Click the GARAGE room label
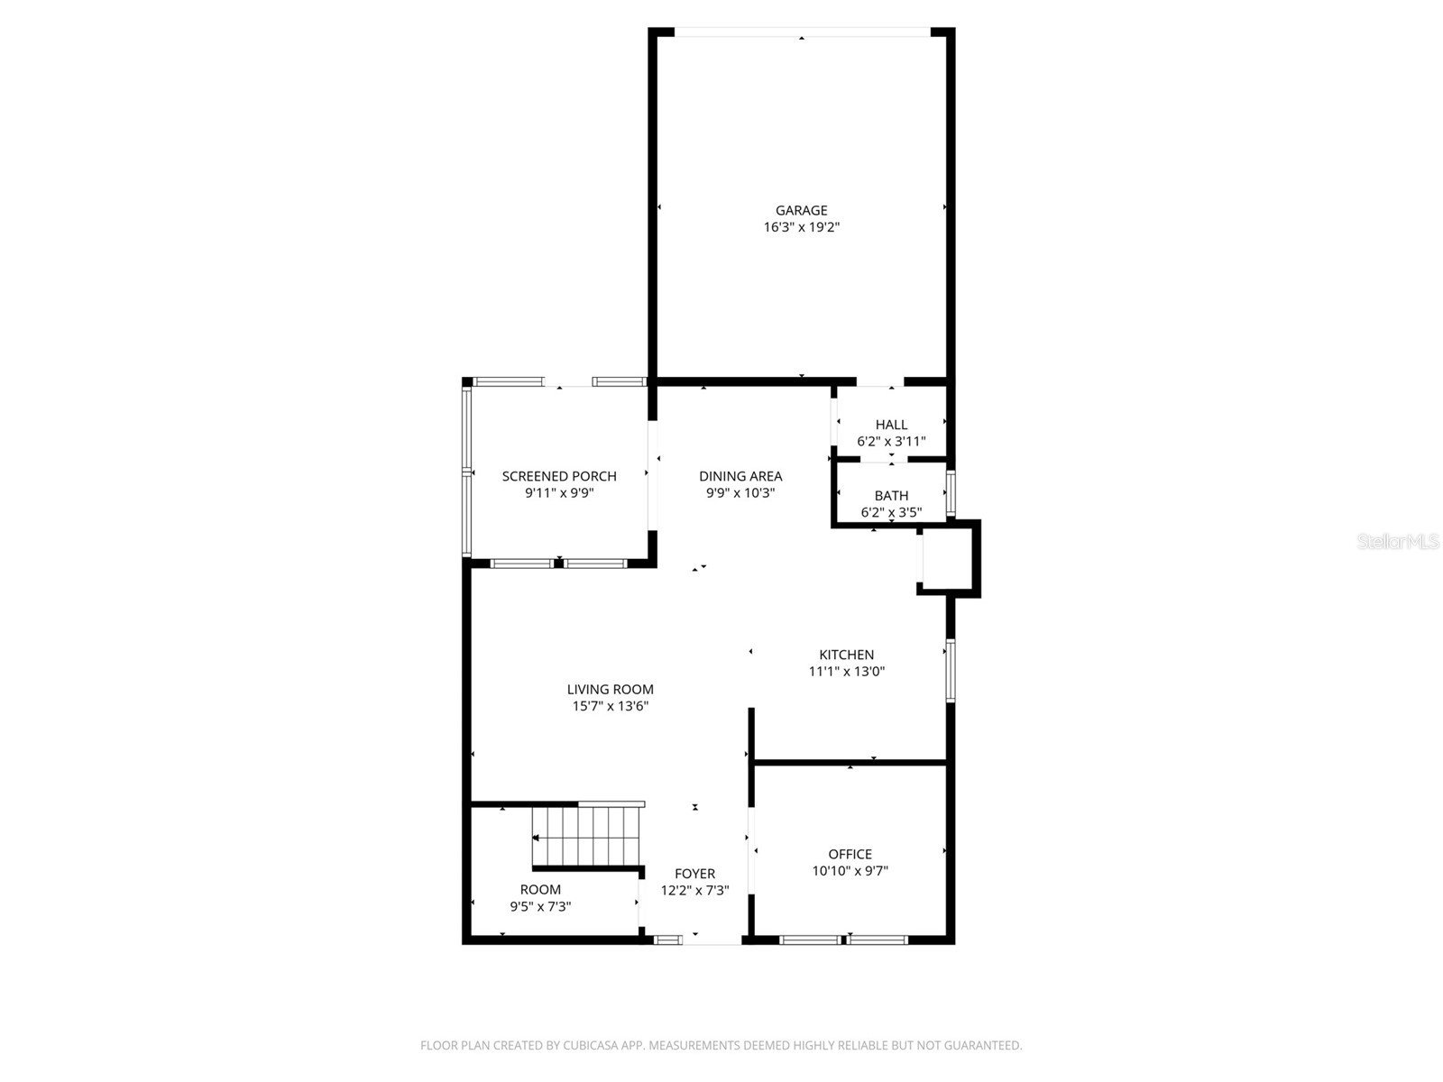pyautogui.click(x=801, y=210)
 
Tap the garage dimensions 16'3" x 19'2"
pyautogui.click(x=801, y=227)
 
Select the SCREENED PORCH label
pyautogui.click(x=559, y=476)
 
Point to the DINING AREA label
pyautogui.click(x=740, y=476)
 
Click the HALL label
pyautogui.click(x=891, y=425)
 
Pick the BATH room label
pyautogui.click(x=891, y=495)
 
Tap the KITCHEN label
pyautogui.click(x=846, y=655)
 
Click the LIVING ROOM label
pyautogui.click(x=610, y=689)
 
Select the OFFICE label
pyautogui.click(x=850, y=854)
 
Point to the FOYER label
pyautogui.click(x=694, y=874)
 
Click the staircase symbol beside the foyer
pyautogui.click(x=585, y=837)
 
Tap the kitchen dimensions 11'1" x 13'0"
pyautogui.click(x=846, y=672)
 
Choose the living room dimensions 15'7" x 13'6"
pyautogui.click(x=610, y=706)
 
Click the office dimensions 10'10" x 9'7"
pyautogui.click(x=850, y=871)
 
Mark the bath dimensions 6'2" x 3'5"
pyautogui.click(x=891, y=512)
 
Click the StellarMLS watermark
pyautogui.click(x=1398, y=542)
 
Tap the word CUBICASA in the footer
pyautogui.click(x=591, y=1045)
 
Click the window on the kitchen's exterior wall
pyautogui.click(x=951, y=670)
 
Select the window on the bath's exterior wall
pyautogui.click(x=951, y=492)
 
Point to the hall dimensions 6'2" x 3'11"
pyautogui.click(x=891, y=442)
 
